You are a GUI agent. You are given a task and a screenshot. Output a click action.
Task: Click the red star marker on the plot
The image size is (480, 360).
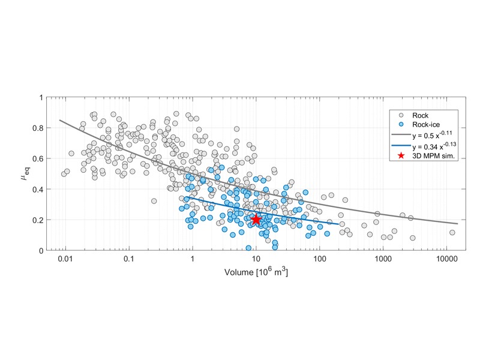click(256, 220)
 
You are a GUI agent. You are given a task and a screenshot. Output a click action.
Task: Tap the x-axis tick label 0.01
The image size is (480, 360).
click(65, 259)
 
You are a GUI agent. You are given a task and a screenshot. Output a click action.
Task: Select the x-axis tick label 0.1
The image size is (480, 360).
click(129, 259)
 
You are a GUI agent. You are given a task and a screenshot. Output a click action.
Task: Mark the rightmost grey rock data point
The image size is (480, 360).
click(452, 232)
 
